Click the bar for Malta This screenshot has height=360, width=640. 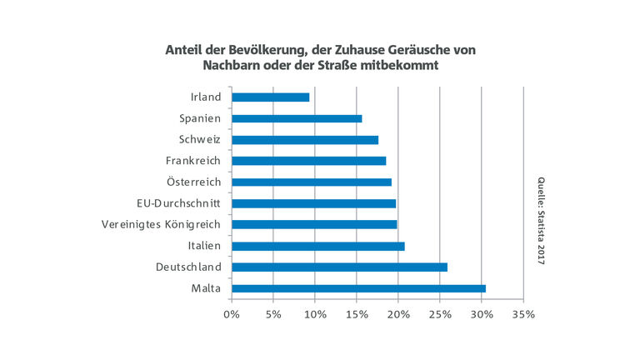coord(358,288)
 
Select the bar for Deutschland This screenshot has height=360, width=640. coord(339,267)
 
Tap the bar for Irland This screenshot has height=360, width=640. coord(270,97)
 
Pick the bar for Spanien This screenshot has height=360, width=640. coord(297,118)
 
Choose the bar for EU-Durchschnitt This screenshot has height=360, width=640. coord(313,203)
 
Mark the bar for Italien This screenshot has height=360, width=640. coord(317,246)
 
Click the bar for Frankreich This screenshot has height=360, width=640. coord(308,161)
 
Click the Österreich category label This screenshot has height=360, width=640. coord(193,182)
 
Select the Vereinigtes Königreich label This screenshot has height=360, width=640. coord(161,224)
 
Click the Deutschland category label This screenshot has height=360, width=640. coord(188,267)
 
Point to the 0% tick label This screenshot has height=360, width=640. coord(232,314)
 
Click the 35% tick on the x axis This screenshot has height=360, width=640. coord(522,314)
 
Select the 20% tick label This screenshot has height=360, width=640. coord(397,314)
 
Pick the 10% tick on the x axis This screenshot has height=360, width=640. coord(314,314)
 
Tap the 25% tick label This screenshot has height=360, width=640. coord(439,314)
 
